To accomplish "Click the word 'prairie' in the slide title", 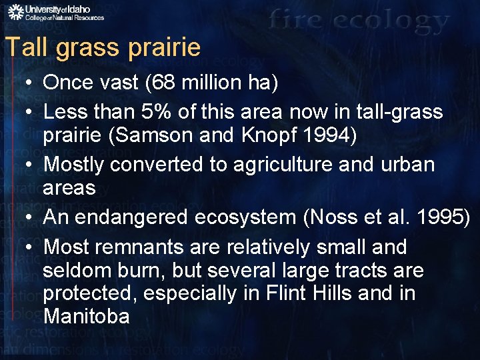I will click(x=163, y=47).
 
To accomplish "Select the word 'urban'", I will click(x=406, y=165).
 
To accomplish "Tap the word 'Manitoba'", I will click(x=86, y=316).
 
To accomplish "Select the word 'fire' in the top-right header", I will click(x=299, y=21).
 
